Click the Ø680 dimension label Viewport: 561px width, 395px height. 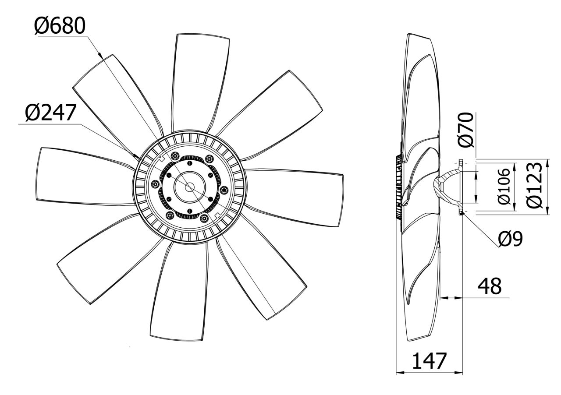click(x=60, y=27)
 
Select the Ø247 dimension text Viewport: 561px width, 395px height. click(x=50, y=113)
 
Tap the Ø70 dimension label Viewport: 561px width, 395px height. click(x=465, y=129)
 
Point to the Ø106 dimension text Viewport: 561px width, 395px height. click(x=504, y=186)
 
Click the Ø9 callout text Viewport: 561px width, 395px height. click(x=510, y=239)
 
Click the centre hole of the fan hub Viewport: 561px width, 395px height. click(x=190, y=187)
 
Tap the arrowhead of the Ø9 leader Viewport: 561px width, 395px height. click(x=464, y=214)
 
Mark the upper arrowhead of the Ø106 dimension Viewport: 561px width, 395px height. click(x=476, y=174)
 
